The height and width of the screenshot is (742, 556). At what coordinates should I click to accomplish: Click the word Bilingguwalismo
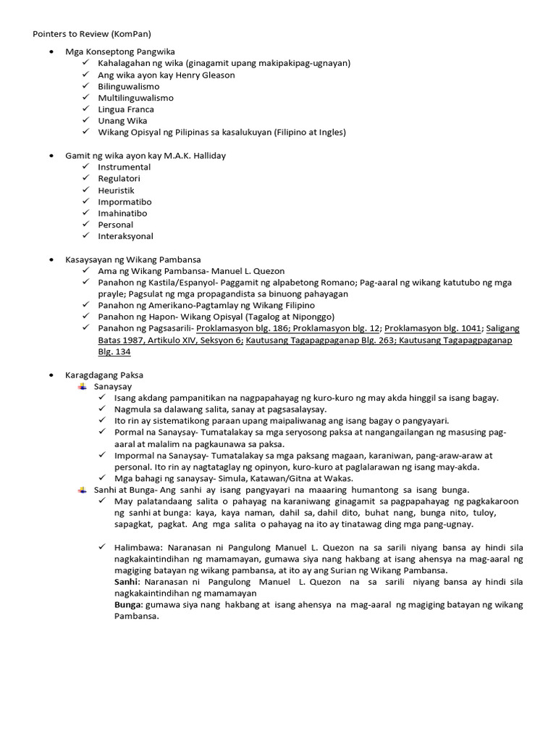(128, 86)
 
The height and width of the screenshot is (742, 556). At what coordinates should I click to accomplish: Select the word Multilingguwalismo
(135, 98)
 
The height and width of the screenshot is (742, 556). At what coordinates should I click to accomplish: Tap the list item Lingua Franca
(126, 109)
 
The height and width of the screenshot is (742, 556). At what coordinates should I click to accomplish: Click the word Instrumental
(124, 167)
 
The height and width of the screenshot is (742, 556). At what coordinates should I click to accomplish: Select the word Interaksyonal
(125, 236)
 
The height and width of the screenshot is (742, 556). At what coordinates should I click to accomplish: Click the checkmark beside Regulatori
(86, 178)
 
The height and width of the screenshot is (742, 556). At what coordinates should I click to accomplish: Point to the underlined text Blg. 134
(114, 351)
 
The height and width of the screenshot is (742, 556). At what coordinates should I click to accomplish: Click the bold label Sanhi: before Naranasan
(128, 582)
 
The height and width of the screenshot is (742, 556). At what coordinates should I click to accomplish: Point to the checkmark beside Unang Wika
(86, 121)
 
